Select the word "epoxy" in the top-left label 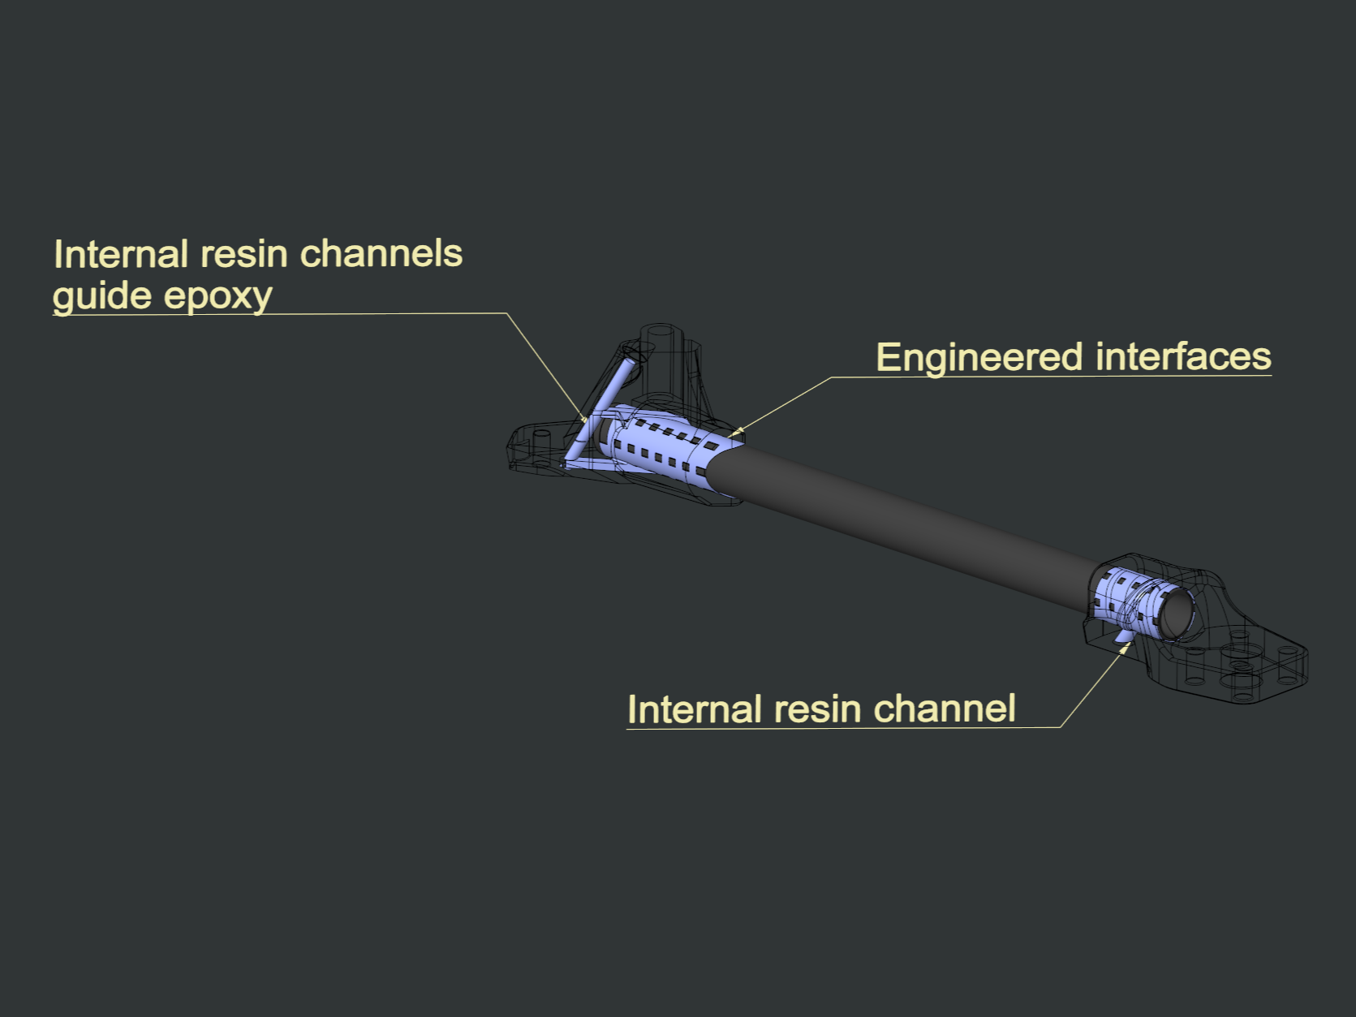217,296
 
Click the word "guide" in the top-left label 103,296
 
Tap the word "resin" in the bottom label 817,709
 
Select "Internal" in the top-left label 121,254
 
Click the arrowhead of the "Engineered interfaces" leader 733,433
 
